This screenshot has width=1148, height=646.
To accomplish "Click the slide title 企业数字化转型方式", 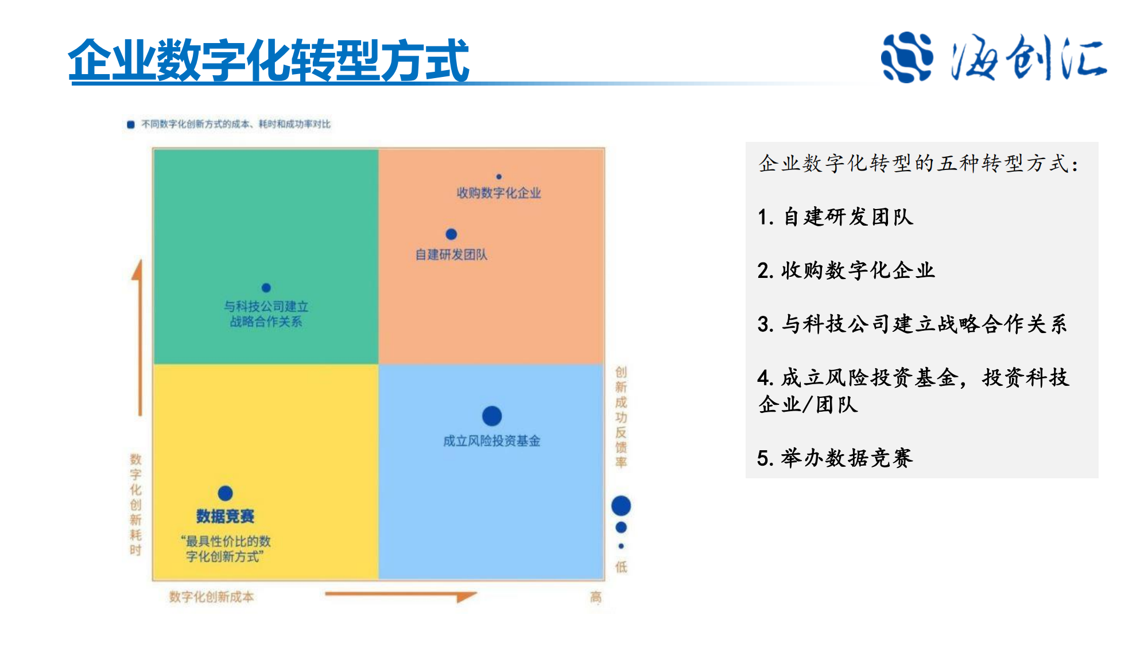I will tap(269, 60).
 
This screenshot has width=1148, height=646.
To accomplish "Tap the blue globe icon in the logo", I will tap(906, 57).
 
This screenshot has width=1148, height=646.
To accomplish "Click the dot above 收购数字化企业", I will tap(499, 177).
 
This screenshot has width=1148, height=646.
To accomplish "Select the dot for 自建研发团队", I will tap(451, 234).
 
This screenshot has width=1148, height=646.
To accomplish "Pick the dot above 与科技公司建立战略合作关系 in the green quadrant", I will tap(266, 288).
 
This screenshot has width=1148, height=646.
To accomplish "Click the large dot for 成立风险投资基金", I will tap(492, 416).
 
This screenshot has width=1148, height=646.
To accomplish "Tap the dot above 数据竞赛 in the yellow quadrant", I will tap(225, 493).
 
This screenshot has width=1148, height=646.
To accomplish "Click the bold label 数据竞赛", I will tap(225, 516).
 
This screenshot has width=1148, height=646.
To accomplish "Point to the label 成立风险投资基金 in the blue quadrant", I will tap(492, 441).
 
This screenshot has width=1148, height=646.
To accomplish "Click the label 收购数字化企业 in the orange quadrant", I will tap(499, 193).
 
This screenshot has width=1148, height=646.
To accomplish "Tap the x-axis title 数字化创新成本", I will tap(211, 597).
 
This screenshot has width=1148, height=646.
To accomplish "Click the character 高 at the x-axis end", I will tap(596, 597).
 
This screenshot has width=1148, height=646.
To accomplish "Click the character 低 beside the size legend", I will tap(621, 567).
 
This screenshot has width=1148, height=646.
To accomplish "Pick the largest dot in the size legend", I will tap(621, 506).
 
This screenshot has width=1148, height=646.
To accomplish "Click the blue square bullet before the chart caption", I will tap(131, 125).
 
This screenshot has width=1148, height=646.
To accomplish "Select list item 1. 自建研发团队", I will tap(835, 217).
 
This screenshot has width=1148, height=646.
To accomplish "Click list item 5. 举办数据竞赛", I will tap(835, 458).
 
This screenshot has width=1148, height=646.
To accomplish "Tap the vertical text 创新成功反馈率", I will tap(621, 417).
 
